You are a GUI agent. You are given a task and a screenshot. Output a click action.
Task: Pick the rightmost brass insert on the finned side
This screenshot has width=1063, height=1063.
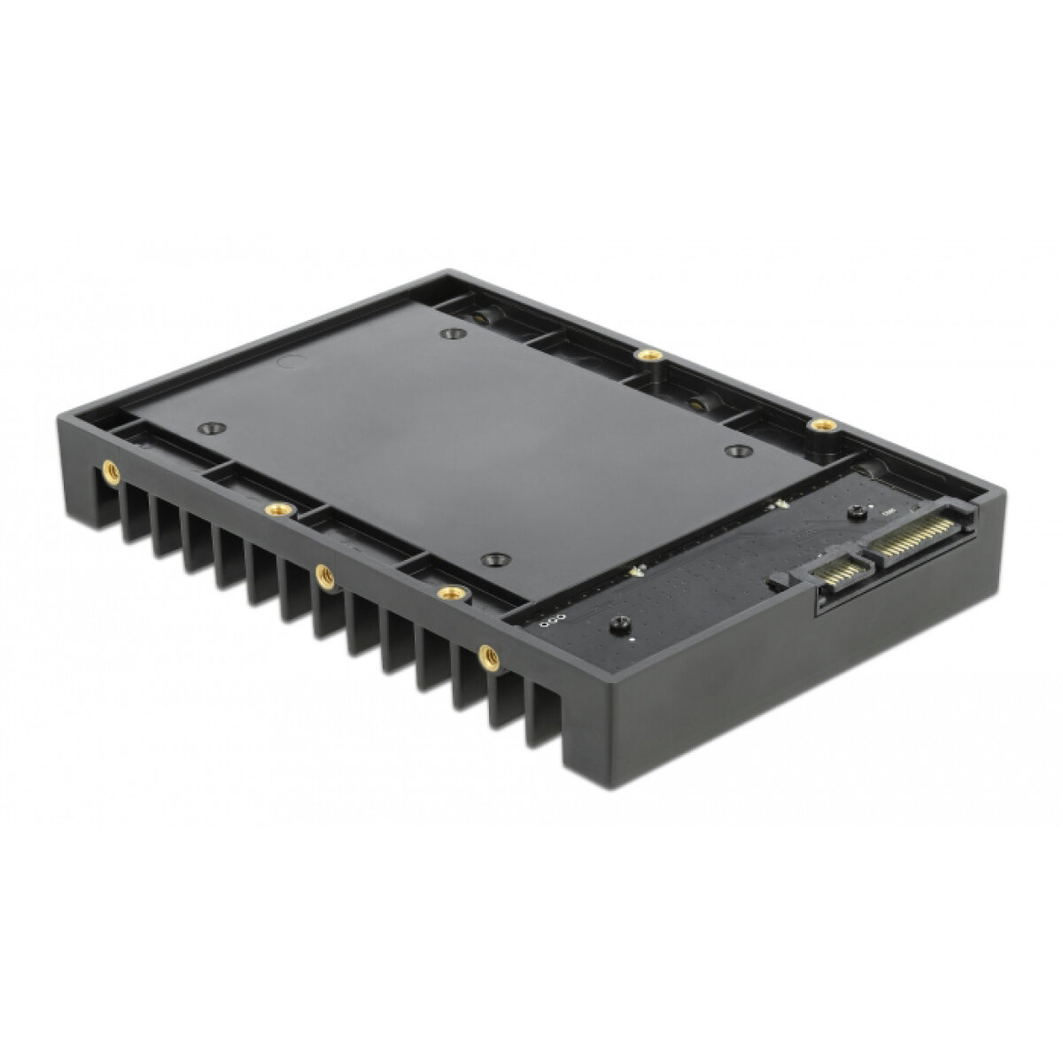point(486,656)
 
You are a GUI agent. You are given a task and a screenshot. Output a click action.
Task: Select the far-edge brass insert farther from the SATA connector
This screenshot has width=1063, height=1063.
point(650,354)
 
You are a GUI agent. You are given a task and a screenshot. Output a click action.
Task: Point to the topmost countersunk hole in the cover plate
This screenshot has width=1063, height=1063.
point(453,334)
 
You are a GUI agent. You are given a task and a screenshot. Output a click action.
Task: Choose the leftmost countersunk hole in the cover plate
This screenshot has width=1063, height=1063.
point(208,428)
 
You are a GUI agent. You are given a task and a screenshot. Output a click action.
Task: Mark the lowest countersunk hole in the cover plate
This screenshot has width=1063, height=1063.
point(493,560)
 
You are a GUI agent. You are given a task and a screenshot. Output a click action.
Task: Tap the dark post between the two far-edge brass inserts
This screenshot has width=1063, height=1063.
point(696,401)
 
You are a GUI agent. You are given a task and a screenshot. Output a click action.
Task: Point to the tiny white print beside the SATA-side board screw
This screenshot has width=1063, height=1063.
point(886,510)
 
